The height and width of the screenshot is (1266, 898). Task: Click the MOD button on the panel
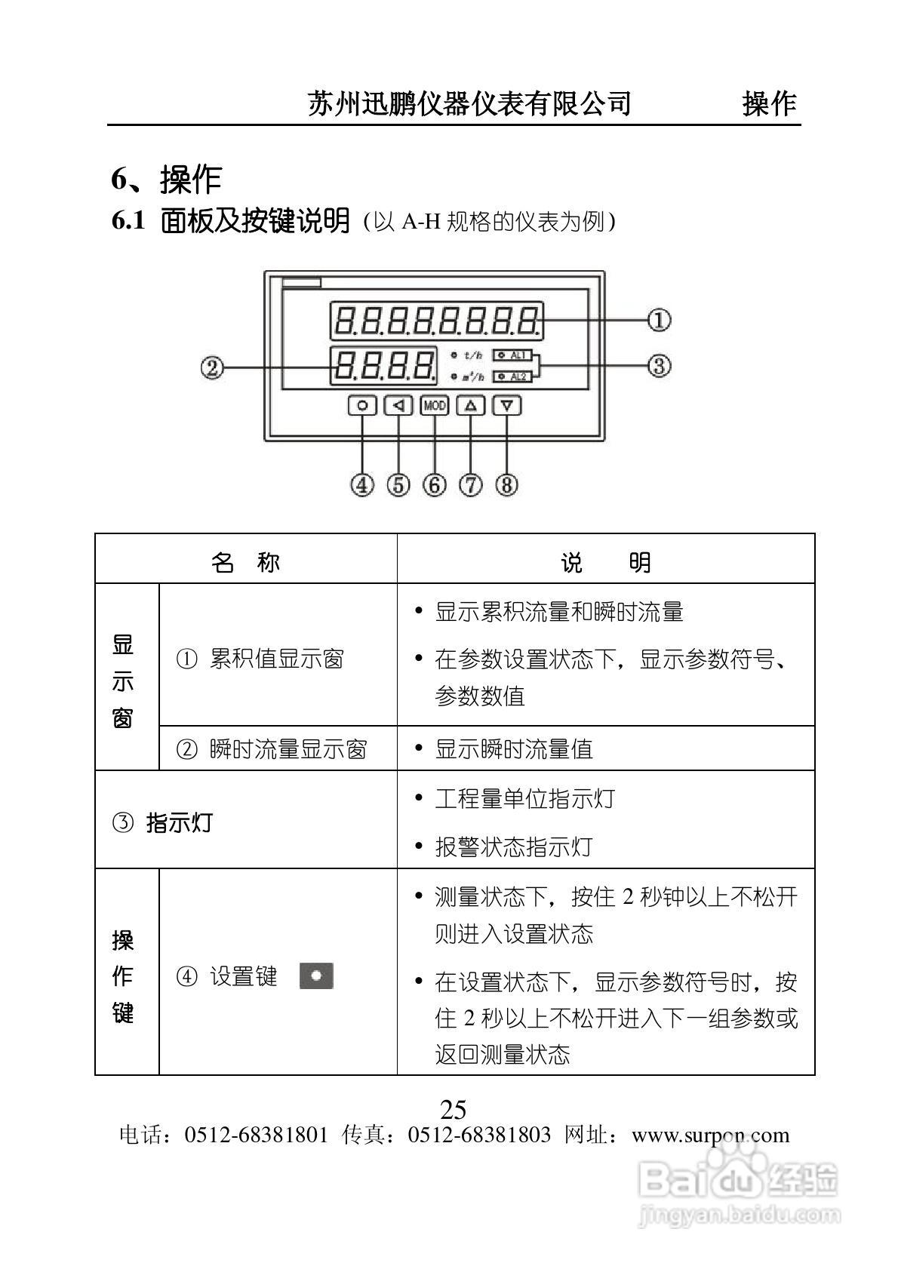pos(435,406)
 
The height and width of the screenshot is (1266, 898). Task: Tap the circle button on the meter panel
pos(362,406)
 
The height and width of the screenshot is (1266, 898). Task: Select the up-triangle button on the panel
pos(471,406)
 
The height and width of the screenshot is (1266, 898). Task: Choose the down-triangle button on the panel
pos(507,406)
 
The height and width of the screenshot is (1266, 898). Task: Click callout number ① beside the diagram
pos(659,320)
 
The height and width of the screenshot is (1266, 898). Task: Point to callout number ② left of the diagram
pos(212,367)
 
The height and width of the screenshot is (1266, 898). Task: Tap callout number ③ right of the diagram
pos(659,366)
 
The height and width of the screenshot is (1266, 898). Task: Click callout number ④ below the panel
pos(362,484)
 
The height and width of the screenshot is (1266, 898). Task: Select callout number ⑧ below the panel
pos(507,484)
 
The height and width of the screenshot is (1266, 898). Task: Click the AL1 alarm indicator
pos(513,355)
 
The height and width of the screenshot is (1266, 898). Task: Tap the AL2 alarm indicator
pos(513,376)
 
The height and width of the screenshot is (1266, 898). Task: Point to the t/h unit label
pos(472,355)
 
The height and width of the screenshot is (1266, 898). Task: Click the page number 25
pos(453,1110)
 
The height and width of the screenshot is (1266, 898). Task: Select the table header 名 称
pos(246,562)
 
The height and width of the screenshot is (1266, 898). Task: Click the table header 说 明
pos(605,562)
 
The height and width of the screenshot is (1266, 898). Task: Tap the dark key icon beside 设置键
pos(316,976)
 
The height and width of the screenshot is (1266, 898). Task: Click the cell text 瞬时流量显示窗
pos(288,749)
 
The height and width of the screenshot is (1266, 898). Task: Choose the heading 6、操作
pos(166,180)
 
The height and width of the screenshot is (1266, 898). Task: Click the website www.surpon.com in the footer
pos(710,1135)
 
